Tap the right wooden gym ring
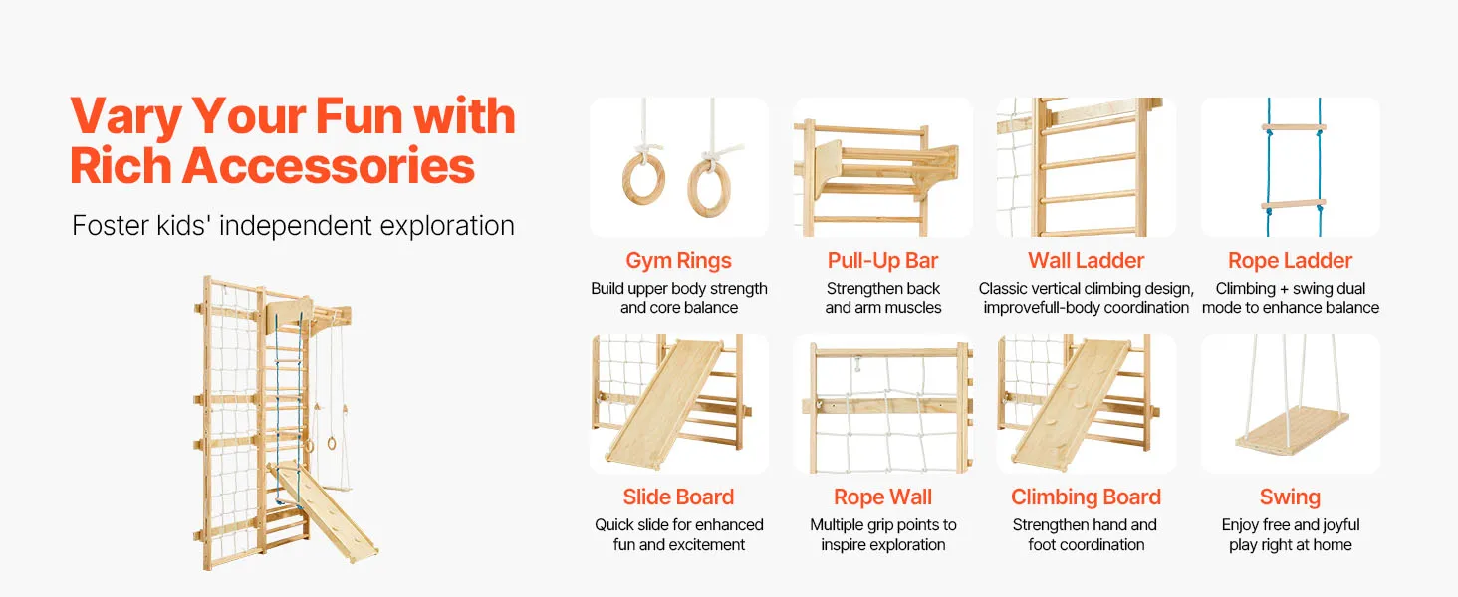[690, 189]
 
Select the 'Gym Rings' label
[679, 260]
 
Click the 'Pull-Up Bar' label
[882, 260]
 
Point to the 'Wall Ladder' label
[1086, 260]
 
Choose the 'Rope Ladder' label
[1290, 260]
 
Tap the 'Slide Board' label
[678, 497]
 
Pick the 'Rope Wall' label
[882, 497]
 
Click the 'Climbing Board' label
[1086, 497]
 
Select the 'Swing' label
[1290, 497]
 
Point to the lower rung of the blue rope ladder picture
[1294, 205]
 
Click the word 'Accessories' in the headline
[328, 165]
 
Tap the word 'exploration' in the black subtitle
[447, 226]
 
